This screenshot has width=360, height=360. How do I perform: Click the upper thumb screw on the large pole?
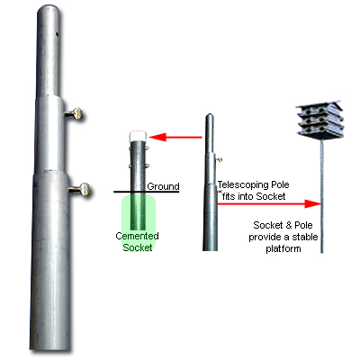point(74,114)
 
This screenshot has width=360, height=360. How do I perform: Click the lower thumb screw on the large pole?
point(79,190)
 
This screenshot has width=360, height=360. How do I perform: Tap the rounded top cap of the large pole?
point(49,12)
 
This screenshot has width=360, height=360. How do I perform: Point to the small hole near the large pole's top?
point(57,34)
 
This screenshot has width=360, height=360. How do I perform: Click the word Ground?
point(163,186)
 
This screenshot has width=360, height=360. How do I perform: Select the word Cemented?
point(137,236)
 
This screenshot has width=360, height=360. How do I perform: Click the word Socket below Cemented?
point(138,247)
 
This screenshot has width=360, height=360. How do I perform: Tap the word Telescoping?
point(244,184)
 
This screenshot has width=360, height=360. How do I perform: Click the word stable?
point(305,237)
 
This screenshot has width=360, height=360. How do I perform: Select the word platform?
point(283,248)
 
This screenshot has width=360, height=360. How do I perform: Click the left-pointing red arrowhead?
point(157,138)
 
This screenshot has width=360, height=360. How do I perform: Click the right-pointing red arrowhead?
point(313,203)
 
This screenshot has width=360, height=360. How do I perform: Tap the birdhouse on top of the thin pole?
point(319,120)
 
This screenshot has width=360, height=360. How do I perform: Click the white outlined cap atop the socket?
point(138,136)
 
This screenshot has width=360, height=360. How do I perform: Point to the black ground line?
point(146,192)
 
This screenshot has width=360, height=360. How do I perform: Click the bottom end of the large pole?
point(50,348)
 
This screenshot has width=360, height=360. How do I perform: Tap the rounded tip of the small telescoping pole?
point(210,116)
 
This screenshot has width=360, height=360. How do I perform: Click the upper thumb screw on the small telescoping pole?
point(220,159)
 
